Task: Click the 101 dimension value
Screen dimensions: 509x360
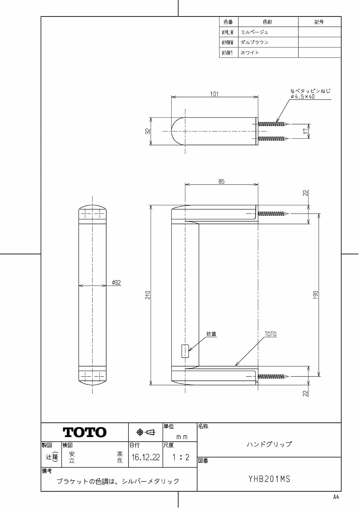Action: coord(214,94)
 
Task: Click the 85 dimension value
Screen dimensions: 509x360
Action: coord(222,181)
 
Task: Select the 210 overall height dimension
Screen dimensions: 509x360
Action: coord(148,295)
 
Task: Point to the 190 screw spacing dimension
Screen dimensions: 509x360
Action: coord(316,295)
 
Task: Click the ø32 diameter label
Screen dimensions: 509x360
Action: coord(116,282)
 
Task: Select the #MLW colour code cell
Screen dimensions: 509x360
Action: coord(228,32)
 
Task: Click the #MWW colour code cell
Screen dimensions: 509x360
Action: coord(228,42)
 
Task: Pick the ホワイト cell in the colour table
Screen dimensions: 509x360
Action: coord(250,53)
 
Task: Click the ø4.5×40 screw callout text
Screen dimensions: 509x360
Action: coord(303,97)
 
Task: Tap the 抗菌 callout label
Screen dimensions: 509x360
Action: coord(211,334)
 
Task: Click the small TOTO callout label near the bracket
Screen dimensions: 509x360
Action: coord(270,334)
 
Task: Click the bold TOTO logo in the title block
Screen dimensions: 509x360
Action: coord(84,432)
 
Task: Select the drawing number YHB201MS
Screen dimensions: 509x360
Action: coord(269,479)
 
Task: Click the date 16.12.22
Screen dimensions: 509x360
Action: coord(145,457)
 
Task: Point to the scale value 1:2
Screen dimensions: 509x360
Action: coord(181,457)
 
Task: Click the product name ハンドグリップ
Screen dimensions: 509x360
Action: coord(269,444)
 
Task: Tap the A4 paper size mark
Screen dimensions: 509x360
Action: coord(336,497)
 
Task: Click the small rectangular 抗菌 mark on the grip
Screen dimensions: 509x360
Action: coord(185,351)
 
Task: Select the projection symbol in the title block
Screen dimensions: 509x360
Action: coord(146,432)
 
